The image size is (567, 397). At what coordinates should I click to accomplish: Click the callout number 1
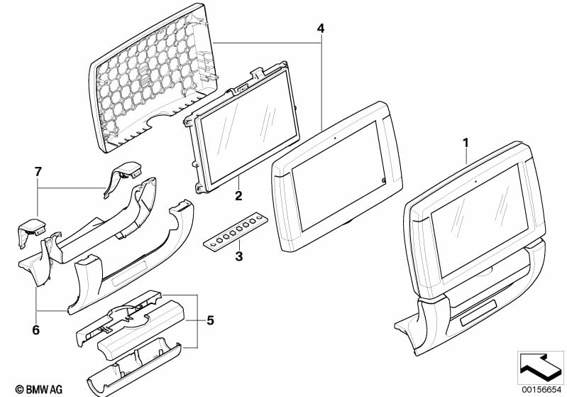click(x=466, y=143)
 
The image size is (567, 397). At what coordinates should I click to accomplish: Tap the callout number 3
click(x=239, y=256)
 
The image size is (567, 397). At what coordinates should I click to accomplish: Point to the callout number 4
click(x=321, y=28)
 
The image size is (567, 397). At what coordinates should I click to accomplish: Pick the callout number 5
click(x=210, y=320)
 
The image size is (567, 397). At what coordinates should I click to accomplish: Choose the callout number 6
click(x=35, y=330)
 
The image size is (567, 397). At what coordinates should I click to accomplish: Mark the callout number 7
click(x=38, y=171)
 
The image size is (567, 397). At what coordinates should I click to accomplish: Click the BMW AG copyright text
click(x=33, y=388)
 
